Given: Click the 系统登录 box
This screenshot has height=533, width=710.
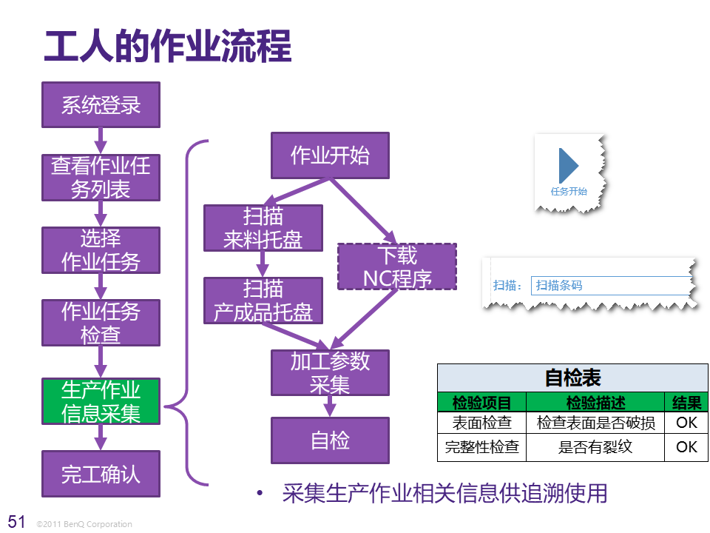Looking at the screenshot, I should coord(101,104).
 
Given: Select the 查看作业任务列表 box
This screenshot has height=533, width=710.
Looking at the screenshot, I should coord(101,177).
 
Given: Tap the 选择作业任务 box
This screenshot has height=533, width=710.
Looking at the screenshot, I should coord(101,249).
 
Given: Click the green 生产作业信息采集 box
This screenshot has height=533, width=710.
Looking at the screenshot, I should coord(101,401).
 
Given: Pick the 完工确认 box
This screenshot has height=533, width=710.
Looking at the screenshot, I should coord(101,473).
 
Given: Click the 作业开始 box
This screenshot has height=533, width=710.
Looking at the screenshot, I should coord(330,155).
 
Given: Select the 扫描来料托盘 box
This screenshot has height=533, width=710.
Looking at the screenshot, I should coord(263,228).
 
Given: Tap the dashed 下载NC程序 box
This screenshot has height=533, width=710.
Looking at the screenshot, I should coord(397,266).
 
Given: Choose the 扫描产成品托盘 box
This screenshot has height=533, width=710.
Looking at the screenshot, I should coord(263,301).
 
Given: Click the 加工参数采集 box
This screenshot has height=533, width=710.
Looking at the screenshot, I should coord(330,372).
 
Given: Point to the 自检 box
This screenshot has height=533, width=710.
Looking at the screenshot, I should coord(330,440).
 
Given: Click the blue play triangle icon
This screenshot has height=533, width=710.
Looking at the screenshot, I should coord(568,166).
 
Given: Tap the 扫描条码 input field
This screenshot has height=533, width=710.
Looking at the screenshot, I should coord(610,286).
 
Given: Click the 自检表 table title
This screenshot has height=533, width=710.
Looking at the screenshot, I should coord(572,378).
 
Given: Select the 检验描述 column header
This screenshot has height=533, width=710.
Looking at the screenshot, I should coord(595,403).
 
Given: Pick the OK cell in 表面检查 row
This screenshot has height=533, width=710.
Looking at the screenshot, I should coord(686,423).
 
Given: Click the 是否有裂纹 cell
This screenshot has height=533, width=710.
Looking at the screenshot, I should coord(595,447).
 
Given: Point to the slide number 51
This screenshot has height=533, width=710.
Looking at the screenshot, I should coord(16,521).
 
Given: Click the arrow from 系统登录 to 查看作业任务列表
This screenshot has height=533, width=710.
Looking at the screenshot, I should coord(101,140).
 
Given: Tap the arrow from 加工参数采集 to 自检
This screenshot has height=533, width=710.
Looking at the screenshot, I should coord(330,406).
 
